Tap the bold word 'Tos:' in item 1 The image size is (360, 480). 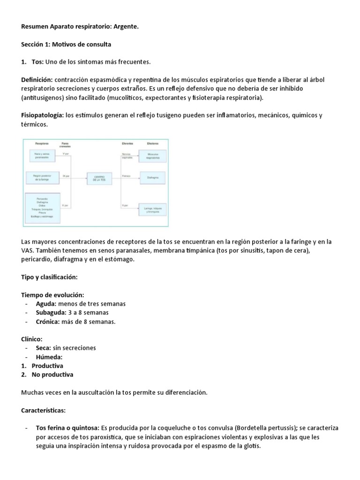click(37, 62)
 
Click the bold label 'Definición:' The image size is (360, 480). click(39, 80)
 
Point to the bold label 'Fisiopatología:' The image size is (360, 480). click(43, 115)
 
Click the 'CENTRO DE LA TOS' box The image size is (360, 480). click(99, 178)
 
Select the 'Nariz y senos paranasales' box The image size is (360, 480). click(42, 156)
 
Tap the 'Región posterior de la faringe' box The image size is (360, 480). click(42, 178)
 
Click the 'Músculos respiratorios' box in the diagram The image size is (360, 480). click(152, 156)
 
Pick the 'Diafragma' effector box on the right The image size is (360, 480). click(152, 178)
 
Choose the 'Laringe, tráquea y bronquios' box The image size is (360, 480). click(152, 209)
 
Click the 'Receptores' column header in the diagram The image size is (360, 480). click(42, 143)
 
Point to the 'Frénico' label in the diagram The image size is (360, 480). click(126, 176)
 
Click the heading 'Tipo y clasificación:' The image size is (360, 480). click(49, 277)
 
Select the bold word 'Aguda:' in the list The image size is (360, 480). click(46, 304)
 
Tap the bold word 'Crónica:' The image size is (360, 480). click(48, 322)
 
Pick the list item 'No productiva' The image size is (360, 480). click(52, 375)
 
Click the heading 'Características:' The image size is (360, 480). click(44, 410)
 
